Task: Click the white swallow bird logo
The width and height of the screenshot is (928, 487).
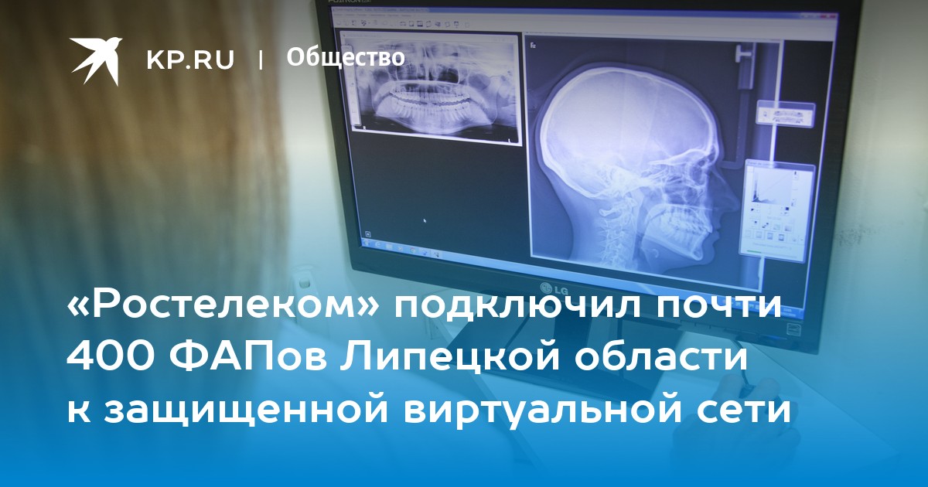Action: pyautogui.click(x=96, y=60)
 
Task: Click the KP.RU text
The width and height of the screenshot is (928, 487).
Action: pyautogui.click(x=190, y=60)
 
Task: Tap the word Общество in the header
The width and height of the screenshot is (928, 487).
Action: pyautogui.click(x=346, y=57)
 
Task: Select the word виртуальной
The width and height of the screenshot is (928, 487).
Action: pyautogui.click(x=544, y=411)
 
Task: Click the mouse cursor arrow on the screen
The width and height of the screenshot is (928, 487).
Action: pyautogui.click(x=425, y=221)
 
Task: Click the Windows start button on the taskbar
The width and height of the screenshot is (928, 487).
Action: pyautogui.click(x=367, y=243)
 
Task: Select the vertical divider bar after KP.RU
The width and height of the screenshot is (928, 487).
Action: pyautogui.click(x=261, y=60)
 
